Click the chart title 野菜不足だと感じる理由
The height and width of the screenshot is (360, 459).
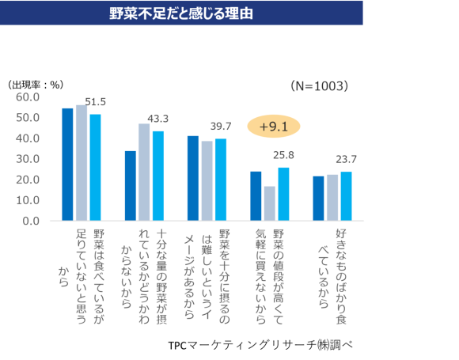[x=182, y=13]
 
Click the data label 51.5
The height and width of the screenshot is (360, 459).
[x=96, y=102]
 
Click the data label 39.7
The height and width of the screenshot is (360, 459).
[x=221, y=126]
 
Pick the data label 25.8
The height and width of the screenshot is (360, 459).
[x=283, y=155]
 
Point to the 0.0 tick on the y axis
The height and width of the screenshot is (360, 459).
[x=32, y=220]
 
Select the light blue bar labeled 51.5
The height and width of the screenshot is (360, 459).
[x=95, y=167]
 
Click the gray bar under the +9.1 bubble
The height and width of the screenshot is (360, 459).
[x=270, y=203]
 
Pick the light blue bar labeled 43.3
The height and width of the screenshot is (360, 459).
[x=157, y=176]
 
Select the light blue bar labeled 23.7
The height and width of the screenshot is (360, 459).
[x=346, y=195]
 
